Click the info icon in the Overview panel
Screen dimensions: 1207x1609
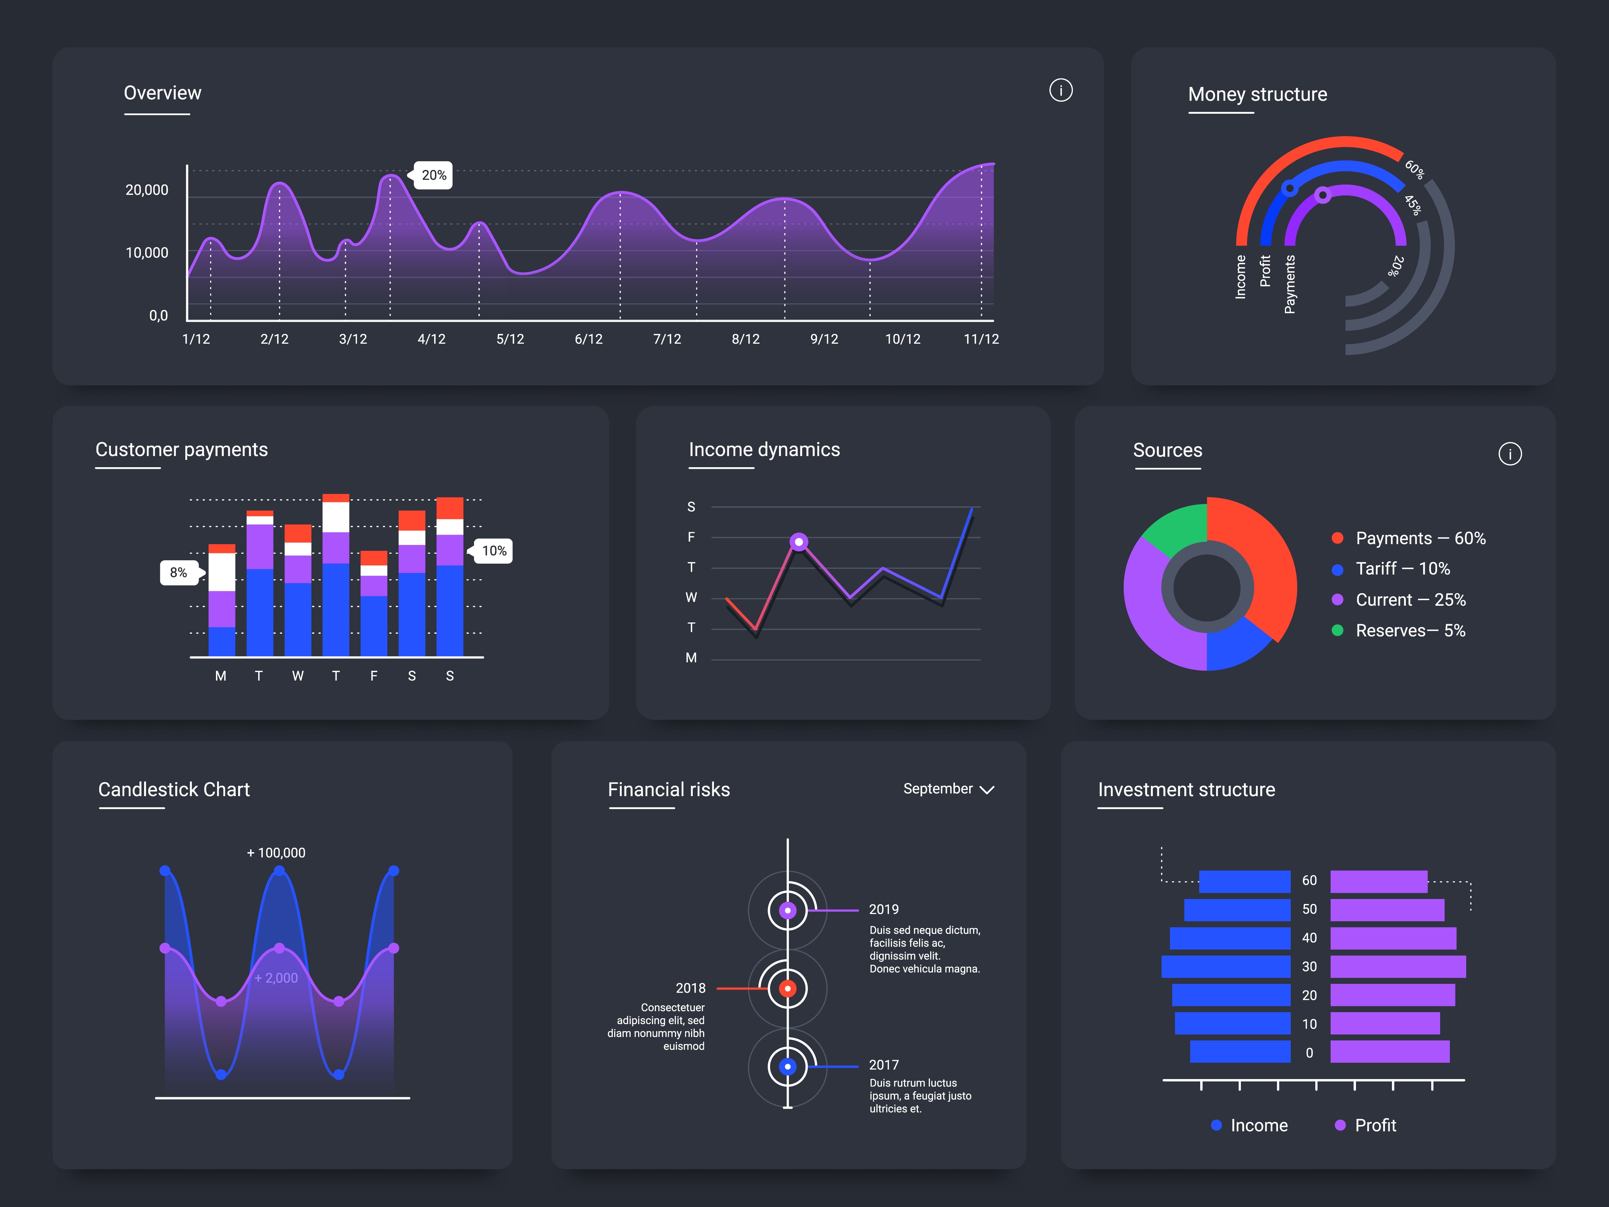1061,90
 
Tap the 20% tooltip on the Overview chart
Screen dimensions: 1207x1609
434,175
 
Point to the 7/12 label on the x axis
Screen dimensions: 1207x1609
667,339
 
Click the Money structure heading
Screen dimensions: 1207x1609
1257,94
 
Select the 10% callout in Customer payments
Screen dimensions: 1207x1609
494,551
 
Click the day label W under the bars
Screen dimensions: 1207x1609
298,676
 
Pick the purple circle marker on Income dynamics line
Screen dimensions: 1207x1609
799,542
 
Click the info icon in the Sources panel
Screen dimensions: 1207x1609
1509,454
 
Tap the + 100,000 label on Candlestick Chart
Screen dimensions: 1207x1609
276,853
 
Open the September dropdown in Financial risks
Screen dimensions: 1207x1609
948,789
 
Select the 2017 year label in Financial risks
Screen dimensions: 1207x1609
884,1065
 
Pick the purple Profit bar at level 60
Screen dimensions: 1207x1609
1379,881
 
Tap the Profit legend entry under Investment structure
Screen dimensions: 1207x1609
1366,1126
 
